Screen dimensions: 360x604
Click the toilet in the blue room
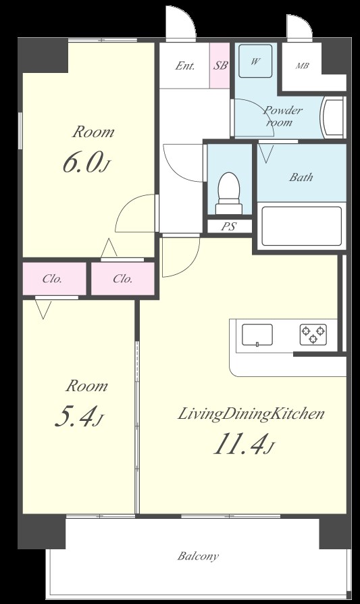[229, 193]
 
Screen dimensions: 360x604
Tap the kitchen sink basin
[257, 334]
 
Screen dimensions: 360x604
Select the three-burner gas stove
[313, 334]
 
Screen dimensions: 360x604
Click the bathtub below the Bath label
[301, 226]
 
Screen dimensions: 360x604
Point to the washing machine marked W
[255, 61]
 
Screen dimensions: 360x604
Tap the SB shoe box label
[220, 65]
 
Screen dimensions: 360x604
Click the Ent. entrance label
[185, 66]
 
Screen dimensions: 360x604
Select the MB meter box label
[302, 66]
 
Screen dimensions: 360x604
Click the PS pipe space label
[228, 226]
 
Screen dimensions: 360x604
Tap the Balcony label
[198, 556]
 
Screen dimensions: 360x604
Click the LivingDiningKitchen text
[251, 414]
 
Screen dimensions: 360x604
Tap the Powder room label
[283, 116]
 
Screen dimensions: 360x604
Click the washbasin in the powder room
[333, 118]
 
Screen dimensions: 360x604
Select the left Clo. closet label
[52, 278]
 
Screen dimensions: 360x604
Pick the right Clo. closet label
[123, 278]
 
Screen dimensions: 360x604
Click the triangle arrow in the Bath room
[266, 153]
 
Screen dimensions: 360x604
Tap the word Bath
[301, 177]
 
